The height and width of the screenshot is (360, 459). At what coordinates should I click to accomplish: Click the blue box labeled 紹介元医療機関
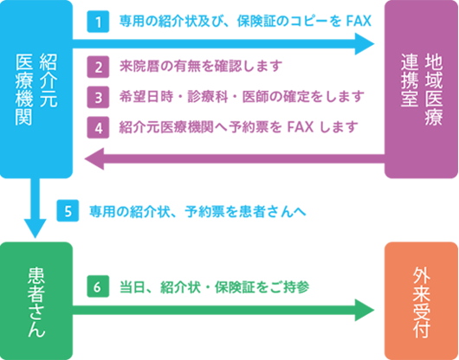pyautogui.click(x=36, y=89)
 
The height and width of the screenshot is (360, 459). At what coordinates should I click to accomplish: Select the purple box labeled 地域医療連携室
pyautogui.click(x=421, y=89)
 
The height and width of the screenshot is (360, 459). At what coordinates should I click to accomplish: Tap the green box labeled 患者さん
pyautogui.click(x=36, y=301)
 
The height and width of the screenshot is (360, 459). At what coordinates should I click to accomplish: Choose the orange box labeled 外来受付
pyautogui.click(x=421, y=301)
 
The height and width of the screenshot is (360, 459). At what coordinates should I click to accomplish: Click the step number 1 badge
pyautogui.click(x=98, y=22)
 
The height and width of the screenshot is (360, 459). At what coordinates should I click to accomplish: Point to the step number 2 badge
pyautogui.click(x=98, y=67)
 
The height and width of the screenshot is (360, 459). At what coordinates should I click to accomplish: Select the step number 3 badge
pyautogui.click(x=98, y=97)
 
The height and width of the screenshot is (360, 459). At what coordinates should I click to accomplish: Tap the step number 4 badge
pyautogui.click(x=98, y=127)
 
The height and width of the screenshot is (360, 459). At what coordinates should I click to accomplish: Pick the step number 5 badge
pyautogui.click(x=68, y=210)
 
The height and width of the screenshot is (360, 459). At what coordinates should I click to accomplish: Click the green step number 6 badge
pyautogui.click(x=98, y=286)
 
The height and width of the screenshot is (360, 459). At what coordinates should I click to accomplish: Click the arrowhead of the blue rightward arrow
pyautogui.click(x=365, y=44)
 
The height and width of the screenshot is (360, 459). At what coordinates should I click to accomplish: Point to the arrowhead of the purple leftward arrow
pyautogui.click(x=94, y=158)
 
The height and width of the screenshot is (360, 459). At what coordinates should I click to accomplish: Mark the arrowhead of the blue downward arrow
pyautogui.click(x=36, y=228)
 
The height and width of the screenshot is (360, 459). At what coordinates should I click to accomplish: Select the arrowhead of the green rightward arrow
pyautogui.click(x=365, y=310)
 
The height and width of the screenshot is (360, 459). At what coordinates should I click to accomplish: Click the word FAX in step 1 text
pyautogui.click(x=359, y=21)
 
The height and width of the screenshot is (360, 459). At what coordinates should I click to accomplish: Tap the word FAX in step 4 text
pyautogui.click(x=301, y=127)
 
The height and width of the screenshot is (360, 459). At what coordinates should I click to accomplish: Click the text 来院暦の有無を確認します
pyautogui.click(x=201, y=66)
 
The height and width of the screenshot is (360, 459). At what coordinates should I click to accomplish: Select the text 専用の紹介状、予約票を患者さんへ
pyautogui.click(x=197, y=211)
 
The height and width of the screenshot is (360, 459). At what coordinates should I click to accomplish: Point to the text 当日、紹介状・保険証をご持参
pyautogui.click(x=215, y=287)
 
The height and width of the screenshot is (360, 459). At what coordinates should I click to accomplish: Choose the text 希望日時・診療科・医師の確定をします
pyautogui.click(x=242, y=97)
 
